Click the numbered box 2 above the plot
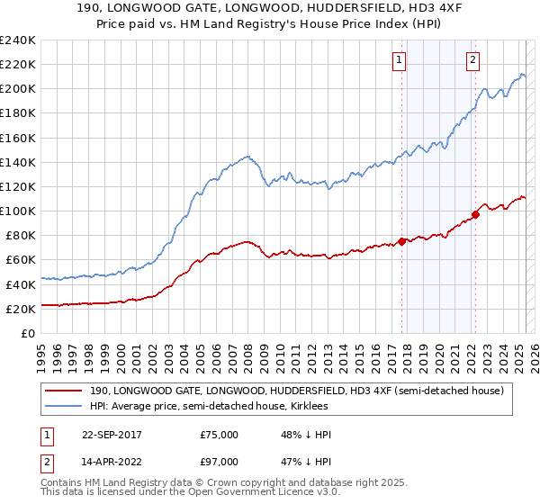pos(472,61)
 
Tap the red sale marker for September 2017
pos(402,241)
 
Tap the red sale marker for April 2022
pos(475,214)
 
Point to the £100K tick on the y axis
pos(18,211)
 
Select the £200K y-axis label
pos(18,89)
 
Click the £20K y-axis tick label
pos(21,309)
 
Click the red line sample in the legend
pos(65,390)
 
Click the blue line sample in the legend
pos(65,406)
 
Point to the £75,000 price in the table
pos(220,434)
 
